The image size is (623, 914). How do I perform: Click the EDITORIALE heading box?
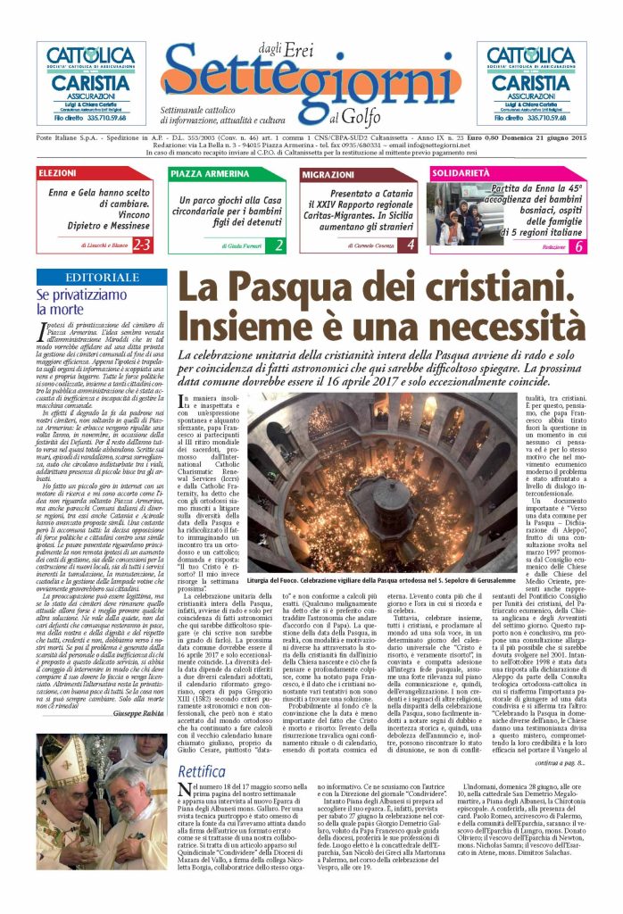tap(101, 278)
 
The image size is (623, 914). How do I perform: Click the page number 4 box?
tap(411, 245)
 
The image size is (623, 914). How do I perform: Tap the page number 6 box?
tap(578, 245)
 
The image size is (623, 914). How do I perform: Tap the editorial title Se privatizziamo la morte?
tap(74, 301)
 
